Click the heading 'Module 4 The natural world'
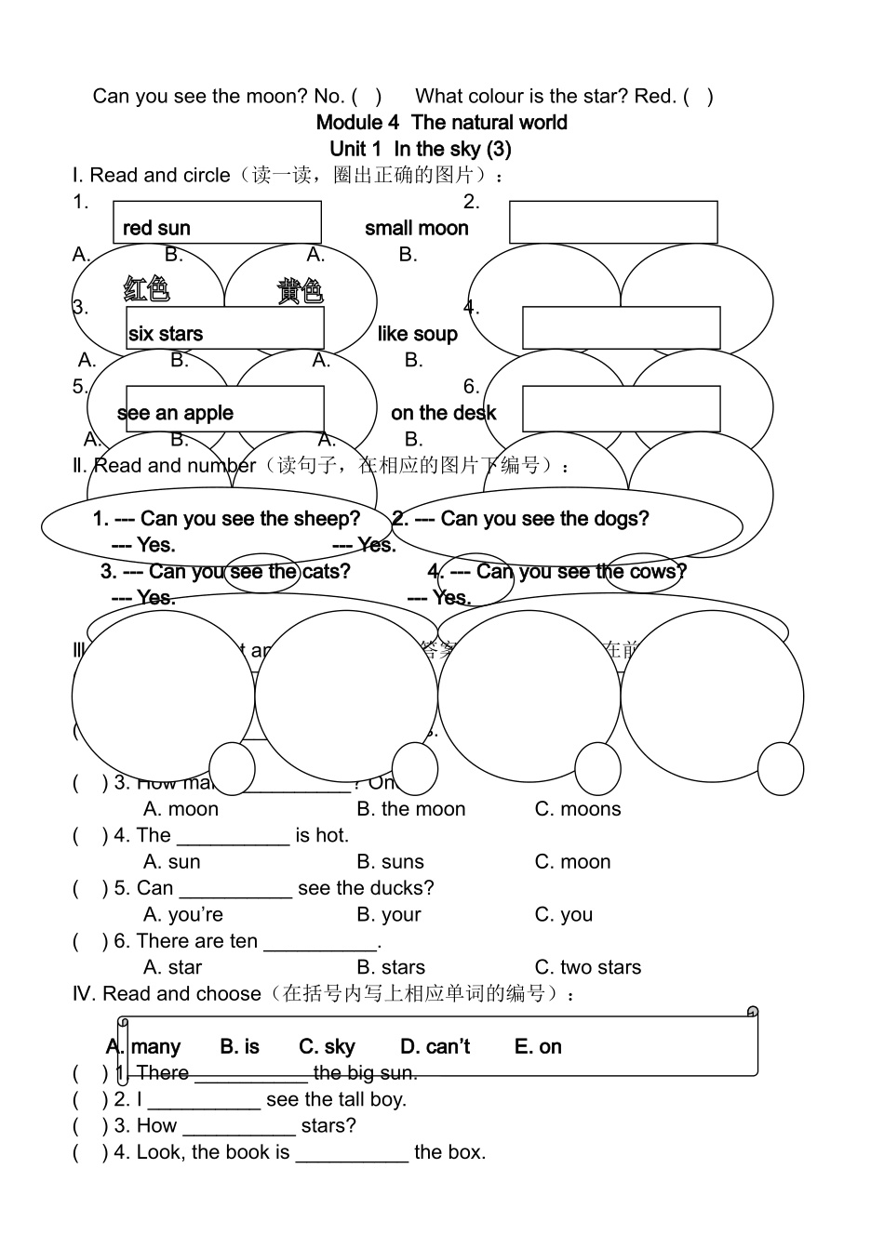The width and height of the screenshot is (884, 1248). (x=441, y=123)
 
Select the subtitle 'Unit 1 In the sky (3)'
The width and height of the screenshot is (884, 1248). (x=421, y=149)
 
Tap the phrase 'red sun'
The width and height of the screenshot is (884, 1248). (x=156, y=229)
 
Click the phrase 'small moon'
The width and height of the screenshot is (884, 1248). (x=417, y=229)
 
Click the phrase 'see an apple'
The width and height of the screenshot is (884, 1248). (x=176, y=414)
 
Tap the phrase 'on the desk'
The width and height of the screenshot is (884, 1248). (x=444, y=414)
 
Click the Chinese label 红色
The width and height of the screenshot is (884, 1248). (x=147, y=289)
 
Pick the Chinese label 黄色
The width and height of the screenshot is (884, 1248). (x=300, y=291)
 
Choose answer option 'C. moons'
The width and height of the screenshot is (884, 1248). (x=578, y=810)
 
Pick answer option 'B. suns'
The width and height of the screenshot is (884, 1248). (x=390, y=863)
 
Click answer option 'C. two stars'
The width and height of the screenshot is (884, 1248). (x=588, y=968)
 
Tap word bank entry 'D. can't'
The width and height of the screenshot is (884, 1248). (x=435, y=1047)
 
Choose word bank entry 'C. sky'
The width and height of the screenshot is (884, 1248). (x=327, y=1047)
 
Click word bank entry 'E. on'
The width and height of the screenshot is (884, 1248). (x=538, y=1047)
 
